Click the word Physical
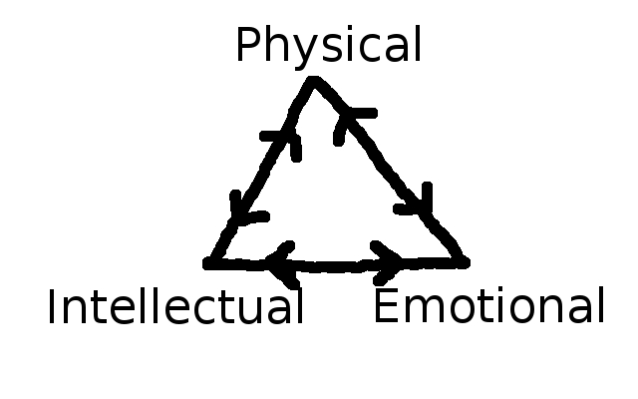pos(328,47)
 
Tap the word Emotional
pos(488,306)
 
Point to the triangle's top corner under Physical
pos(314,82)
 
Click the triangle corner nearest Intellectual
pos(210,263)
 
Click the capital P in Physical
pos(248,46)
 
